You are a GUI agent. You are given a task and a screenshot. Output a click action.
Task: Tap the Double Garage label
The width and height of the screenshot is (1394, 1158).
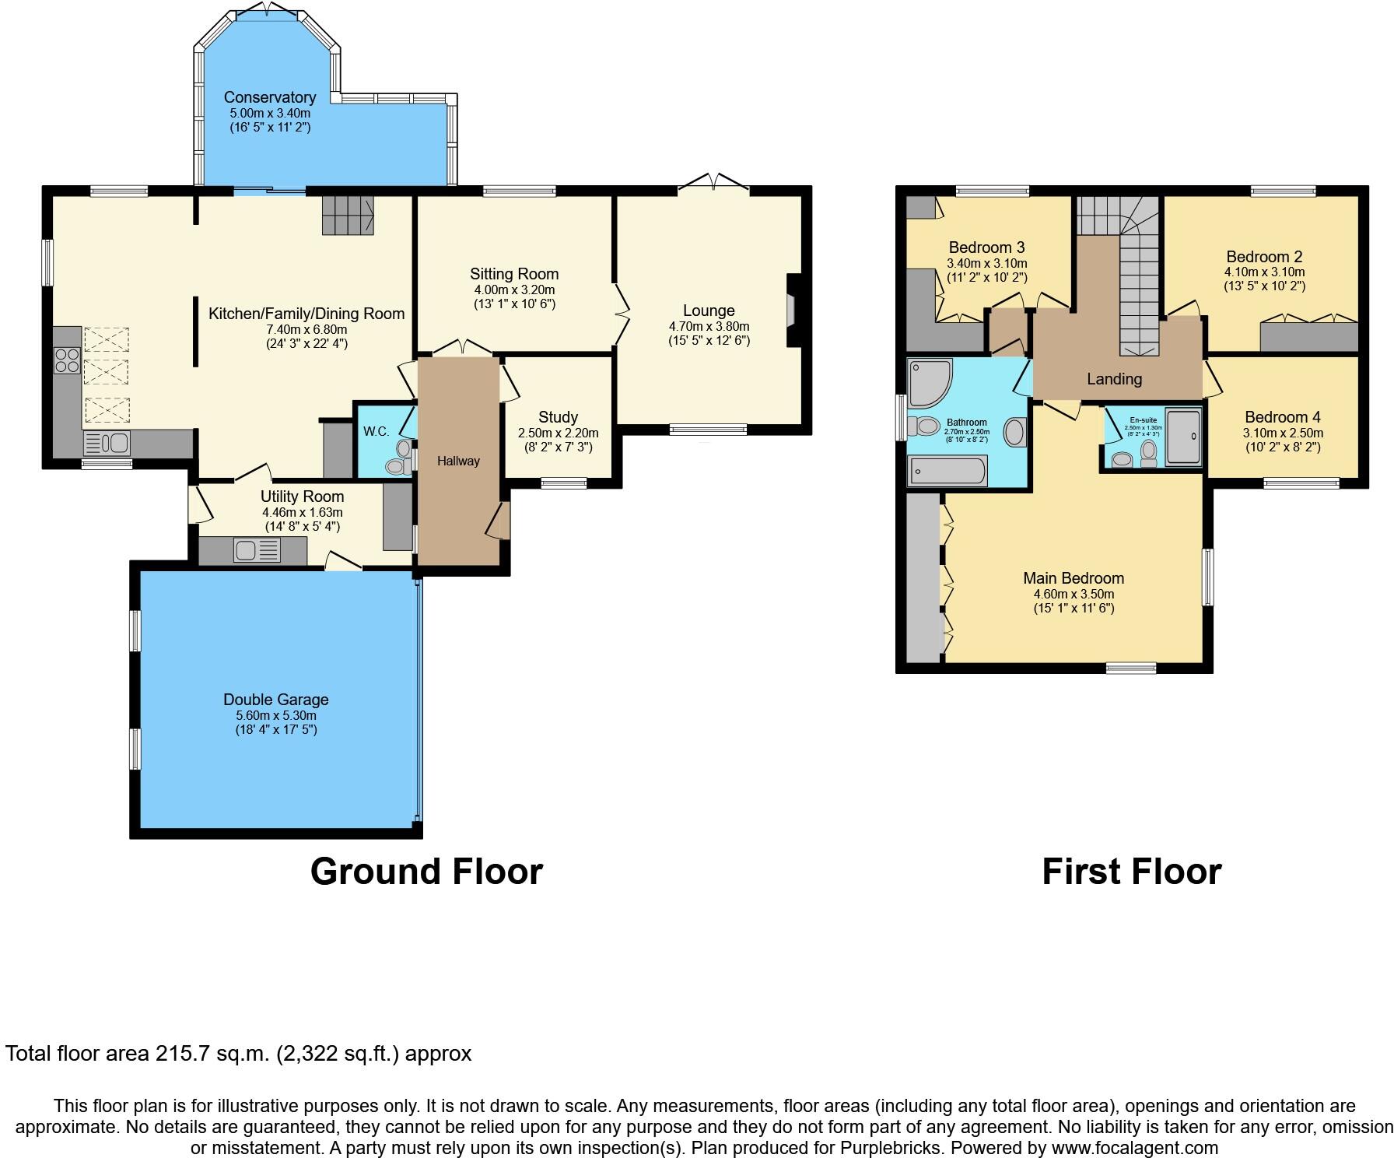275,700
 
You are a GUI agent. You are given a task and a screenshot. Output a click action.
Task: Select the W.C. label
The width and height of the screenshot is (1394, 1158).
376,431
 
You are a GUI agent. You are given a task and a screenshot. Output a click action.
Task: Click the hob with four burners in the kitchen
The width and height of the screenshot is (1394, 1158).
67,360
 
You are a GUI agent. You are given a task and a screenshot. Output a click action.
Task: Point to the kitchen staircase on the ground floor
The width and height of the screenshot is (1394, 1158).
348,214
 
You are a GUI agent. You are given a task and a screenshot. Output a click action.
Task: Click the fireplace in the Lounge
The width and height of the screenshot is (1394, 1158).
793,309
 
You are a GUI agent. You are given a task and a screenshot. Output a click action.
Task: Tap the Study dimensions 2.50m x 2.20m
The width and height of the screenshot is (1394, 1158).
558,433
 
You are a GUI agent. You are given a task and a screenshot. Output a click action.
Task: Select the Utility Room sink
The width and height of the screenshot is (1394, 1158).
256,551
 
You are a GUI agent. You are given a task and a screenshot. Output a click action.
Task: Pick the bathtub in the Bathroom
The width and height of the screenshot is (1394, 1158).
947,471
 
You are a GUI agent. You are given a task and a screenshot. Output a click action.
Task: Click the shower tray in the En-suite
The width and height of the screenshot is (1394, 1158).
1183,436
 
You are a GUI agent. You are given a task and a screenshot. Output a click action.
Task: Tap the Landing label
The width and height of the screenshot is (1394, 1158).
1114,379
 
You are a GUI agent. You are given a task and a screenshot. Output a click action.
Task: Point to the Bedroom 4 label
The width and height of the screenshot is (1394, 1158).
1282,417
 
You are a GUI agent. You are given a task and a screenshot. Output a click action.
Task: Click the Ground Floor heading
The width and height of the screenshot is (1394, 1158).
426,871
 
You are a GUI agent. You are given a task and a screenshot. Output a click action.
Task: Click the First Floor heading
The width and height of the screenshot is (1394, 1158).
1131,871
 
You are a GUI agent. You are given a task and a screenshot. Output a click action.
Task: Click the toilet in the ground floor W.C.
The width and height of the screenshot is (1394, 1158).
397,465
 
